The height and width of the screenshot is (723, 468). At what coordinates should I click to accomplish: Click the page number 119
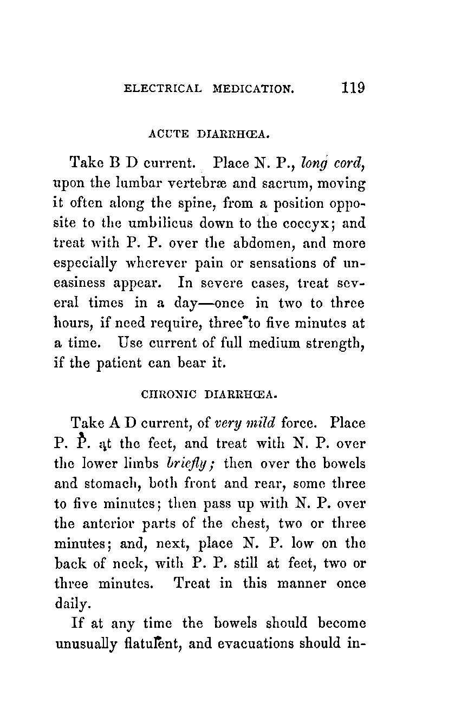(x=353, y=88)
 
